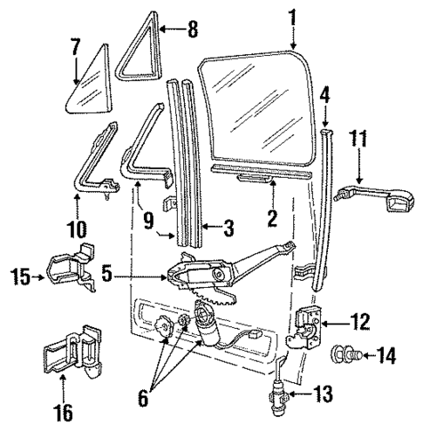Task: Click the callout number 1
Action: point(293,15)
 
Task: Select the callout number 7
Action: point(76,45)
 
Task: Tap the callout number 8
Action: point(193,29)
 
